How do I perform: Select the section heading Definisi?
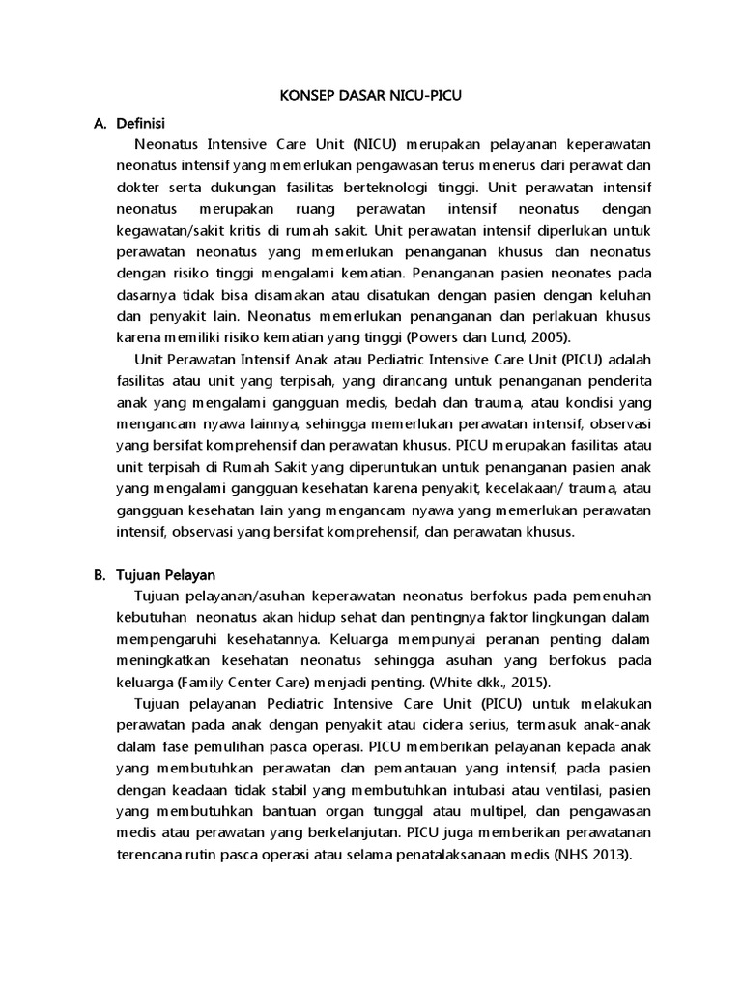pos(141,124)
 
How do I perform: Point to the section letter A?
pos(99,124)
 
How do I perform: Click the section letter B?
pos(99,575)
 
